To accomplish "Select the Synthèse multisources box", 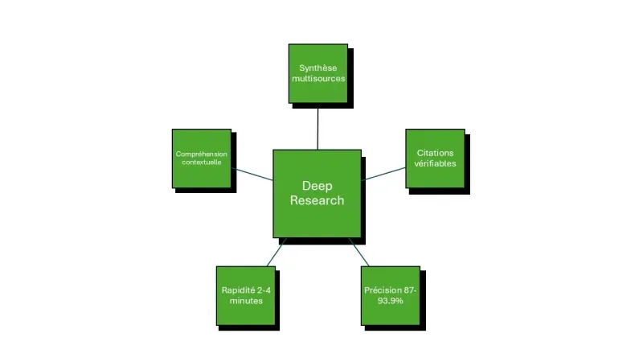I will click(318, 73).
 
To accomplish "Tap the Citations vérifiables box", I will click(435, 158).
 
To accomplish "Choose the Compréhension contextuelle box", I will click(202, 158).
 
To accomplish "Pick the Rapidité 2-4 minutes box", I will click(245, 295).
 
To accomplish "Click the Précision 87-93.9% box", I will click(390, 295).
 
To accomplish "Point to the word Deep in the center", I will click(317, 186).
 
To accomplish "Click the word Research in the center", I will click(317, 200).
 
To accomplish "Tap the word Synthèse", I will click(318, 68).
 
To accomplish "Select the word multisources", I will click(318, 80).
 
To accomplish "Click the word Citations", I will click(435, 152).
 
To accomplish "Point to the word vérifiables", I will click(435, 163).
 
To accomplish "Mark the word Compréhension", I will click(202, 153).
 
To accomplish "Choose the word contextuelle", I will click(202, 162).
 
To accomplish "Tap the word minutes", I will click(245, 301).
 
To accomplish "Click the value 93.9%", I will click(390, 301).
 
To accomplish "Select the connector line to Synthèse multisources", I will click(318, 127).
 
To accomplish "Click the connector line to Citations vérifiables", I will click(385, 173).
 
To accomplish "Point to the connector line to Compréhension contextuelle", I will click(252, 174).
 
